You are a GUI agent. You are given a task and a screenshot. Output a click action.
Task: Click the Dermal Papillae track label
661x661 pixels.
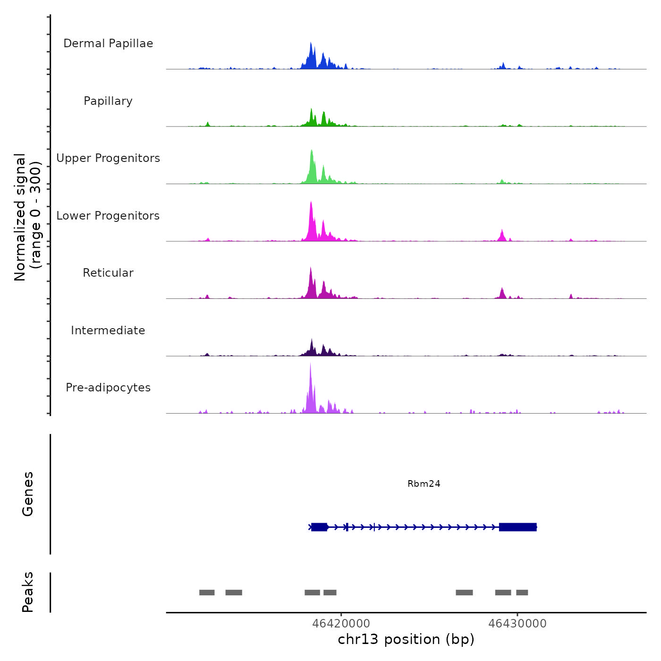point(108,43)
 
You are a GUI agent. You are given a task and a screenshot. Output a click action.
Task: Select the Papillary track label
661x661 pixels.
point(108,101)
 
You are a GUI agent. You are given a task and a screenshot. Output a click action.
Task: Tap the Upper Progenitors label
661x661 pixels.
point(108,158)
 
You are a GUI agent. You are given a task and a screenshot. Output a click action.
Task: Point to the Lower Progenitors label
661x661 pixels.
point(108,216)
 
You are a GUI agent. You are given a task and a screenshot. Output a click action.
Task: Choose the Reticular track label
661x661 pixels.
point(108,273)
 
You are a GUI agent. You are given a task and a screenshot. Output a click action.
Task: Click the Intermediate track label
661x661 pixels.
point(108,330)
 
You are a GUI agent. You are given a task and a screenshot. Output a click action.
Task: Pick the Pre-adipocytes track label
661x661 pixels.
point(108,388)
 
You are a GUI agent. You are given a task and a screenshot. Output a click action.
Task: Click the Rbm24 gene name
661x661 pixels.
point(424,483)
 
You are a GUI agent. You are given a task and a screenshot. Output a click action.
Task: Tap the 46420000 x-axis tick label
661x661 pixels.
point(341,623)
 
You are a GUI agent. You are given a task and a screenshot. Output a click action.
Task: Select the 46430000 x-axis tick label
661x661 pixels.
point(517,623)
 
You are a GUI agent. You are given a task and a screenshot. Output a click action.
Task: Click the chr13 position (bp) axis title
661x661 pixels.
point(406,639)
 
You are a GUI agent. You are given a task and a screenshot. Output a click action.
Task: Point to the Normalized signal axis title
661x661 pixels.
point(27,217)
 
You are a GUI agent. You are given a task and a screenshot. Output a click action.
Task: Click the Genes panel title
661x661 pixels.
point(28,494)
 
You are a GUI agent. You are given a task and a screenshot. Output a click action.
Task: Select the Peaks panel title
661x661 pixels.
point(28,592)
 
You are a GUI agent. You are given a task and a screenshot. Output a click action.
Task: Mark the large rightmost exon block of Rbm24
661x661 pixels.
point(517,527)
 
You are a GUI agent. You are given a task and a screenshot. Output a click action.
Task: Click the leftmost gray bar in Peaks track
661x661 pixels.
point(207,593)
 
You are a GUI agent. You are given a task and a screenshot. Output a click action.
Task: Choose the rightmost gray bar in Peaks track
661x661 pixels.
point(522,593)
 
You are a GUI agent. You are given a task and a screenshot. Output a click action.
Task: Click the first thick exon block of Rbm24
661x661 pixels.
point(319,527)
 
